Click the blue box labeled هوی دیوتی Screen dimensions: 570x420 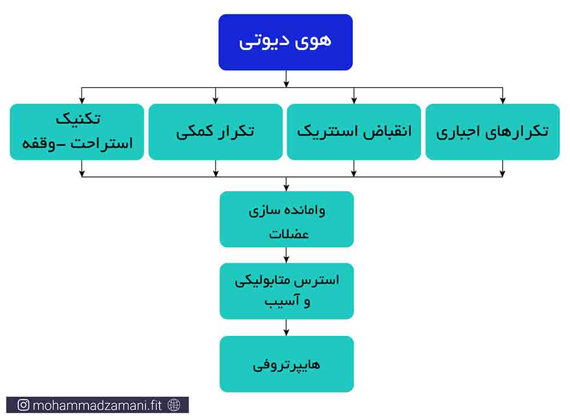click(x=286, y=42)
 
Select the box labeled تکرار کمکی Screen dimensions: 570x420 click(x=215, y=132)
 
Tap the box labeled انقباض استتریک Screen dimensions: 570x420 click(x=354, y=132)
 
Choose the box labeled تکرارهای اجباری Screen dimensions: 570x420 click(x=492, y=132)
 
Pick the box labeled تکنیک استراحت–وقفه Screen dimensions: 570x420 click(x=77, y=132)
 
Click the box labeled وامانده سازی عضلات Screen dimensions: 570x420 click(x=287, y=219)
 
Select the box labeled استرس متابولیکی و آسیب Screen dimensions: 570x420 click(x=287, y=291)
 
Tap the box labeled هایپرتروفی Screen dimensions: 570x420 click(x=287, y=364)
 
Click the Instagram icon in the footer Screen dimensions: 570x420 click(x=23, y=405)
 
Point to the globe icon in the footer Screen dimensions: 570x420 click(x=174, y=405)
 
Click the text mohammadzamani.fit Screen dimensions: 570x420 click(x=97, y=405)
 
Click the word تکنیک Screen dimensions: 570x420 click(x=78, y=119)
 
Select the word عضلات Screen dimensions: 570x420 click(x=289, y=233)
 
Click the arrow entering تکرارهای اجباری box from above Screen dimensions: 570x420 click(x=502, y=96)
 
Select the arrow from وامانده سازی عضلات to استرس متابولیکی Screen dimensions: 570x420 click(x=287, y=255)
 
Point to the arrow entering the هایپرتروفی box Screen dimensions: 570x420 click(x=287, y=328)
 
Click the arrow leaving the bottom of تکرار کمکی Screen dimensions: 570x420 click(x=215, y=168)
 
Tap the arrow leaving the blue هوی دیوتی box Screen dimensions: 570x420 click(x=287, y=79)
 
